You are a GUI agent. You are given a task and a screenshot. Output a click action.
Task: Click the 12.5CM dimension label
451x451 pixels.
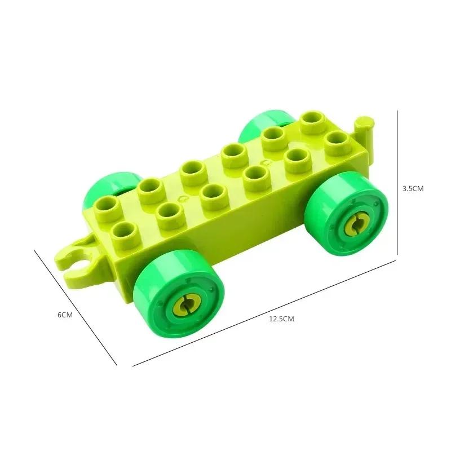281,319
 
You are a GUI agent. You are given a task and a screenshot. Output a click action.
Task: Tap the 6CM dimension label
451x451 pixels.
65,315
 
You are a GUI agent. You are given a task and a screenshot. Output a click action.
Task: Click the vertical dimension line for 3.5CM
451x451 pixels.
398,180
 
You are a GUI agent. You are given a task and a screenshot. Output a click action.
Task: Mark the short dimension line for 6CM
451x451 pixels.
76,307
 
